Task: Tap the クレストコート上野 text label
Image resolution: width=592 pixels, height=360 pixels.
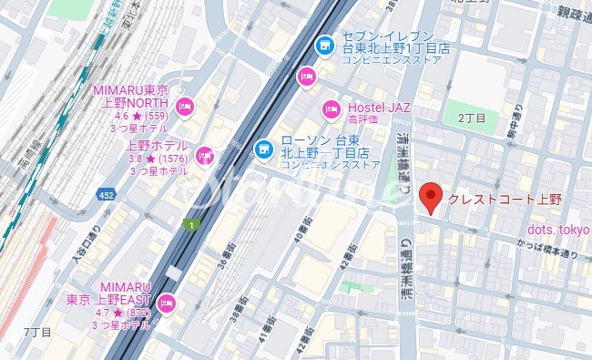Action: point(505,199)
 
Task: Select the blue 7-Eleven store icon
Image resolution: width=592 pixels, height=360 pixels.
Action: point(324,44)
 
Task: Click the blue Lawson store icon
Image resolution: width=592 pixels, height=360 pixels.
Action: point(262,146)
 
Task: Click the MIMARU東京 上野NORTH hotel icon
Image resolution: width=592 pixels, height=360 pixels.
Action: point(186,107)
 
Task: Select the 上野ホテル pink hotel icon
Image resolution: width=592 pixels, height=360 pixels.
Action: point(205,157)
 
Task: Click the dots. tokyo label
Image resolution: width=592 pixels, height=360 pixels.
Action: point(559,228)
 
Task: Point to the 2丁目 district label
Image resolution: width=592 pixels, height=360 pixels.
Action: point(472,118)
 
